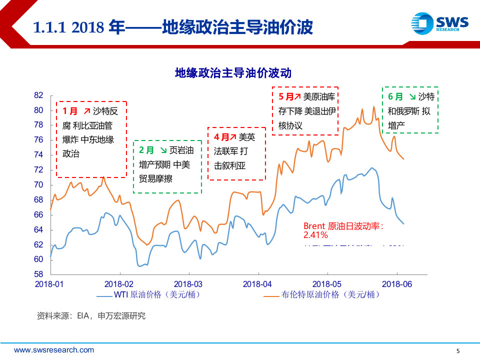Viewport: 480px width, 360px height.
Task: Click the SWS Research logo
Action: tap(439, 23)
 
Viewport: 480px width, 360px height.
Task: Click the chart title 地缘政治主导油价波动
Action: tap(232, 73)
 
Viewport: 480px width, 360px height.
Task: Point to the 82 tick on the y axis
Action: tap(39, 95)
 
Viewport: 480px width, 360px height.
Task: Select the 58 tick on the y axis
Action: tap(39, 274)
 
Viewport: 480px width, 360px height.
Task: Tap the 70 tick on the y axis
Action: tap(39, 185)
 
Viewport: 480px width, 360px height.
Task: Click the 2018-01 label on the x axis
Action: tap(50, 283)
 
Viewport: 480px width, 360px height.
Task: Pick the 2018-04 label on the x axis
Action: tap(258, 283)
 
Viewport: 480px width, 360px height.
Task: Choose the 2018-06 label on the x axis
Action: tap(396, 283)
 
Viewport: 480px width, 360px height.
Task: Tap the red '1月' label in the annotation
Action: tap(70, 111)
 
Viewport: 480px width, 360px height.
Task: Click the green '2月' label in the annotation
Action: tap(146, 150)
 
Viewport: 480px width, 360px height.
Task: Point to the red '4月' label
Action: tap(221, 136)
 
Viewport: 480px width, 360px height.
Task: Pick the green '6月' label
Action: tap(395, 96)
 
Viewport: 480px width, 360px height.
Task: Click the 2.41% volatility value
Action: tap(315, 234)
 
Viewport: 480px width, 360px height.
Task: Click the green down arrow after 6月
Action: tap(411, 96)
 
